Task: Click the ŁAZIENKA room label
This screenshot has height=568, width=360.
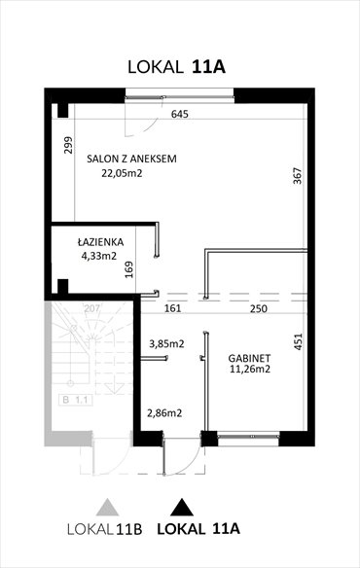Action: coord(103,242)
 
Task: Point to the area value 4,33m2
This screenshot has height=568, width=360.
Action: coord(99,257)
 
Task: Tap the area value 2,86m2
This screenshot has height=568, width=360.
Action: coord(164,413)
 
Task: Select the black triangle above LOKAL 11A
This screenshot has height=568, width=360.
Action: coord(180,506)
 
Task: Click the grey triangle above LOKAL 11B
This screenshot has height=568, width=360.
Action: coord(102,506)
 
